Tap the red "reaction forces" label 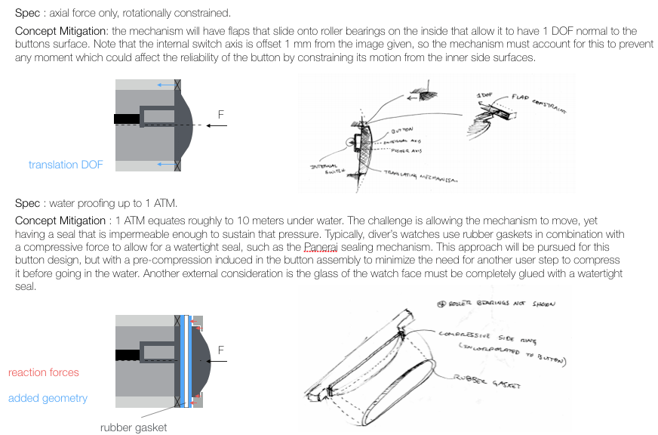[x=43, y=372]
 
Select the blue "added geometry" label [x=48, y=398]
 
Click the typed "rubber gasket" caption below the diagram [x=134, y=427]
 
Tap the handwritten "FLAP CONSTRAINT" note [x=537, y=102]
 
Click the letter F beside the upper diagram [x=221, y=115]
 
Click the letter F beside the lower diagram [x=221, y=350]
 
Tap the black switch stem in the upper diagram [x=128, y=119]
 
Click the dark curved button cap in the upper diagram [x=185, y=125]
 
